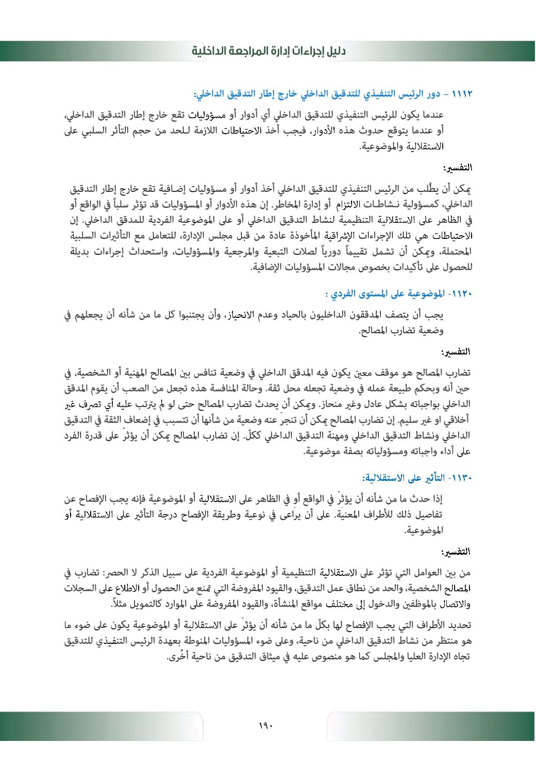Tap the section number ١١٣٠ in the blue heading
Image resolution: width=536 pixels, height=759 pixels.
[462, 478]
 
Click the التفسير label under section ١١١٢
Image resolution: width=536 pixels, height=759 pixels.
[458, 168]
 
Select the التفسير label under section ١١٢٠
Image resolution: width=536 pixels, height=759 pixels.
[458, 352]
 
